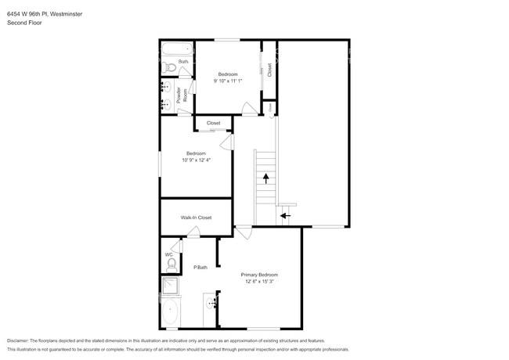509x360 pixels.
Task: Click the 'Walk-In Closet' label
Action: point(196,218)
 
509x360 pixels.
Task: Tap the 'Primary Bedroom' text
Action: point(259,275)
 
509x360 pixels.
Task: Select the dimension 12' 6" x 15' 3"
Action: point(259,283)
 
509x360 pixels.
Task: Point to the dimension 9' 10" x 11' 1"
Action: point(228,81)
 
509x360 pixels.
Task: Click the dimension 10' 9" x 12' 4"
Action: point(196,160)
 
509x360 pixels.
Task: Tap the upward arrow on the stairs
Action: point(266,179)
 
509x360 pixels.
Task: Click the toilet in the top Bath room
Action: point(168,67)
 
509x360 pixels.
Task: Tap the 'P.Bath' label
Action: point(200,268)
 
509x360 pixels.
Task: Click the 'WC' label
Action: point(168,254)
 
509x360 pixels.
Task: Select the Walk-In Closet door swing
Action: point(192,232)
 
